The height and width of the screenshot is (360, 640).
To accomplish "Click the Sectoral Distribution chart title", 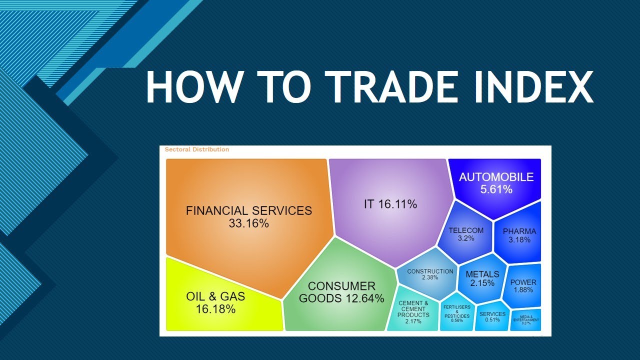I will point(196,149).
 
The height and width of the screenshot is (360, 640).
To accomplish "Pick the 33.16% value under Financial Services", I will point(248,223).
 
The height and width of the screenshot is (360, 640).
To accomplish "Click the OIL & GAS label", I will point(215,296).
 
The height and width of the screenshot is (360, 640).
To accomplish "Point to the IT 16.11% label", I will point(390,204).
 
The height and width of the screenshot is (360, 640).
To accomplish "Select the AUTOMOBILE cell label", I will point(496,177).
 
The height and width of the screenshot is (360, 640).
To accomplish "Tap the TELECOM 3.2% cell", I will point(466,234).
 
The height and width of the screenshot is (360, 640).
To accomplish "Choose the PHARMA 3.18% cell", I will point(519,235).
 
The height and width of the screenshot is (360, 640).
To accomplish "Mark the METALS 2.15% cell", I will point(482,278).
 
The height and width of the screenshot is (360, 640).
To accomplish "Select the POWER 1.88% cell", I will point(523,286).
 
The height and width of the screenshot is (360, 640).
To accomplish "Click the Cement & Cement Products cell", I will point(413,312).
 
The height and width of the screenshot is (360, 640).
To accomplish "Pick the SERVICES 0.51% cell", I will point(492,317).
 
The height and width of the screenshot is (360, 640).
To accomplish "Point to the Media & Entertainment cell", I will point(525,320).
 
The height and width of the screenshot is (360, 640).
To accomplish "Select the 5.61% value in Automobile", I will point(496,189).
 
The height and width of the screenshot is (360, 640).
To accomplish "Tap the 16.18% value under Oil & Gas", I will point(216,309).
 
